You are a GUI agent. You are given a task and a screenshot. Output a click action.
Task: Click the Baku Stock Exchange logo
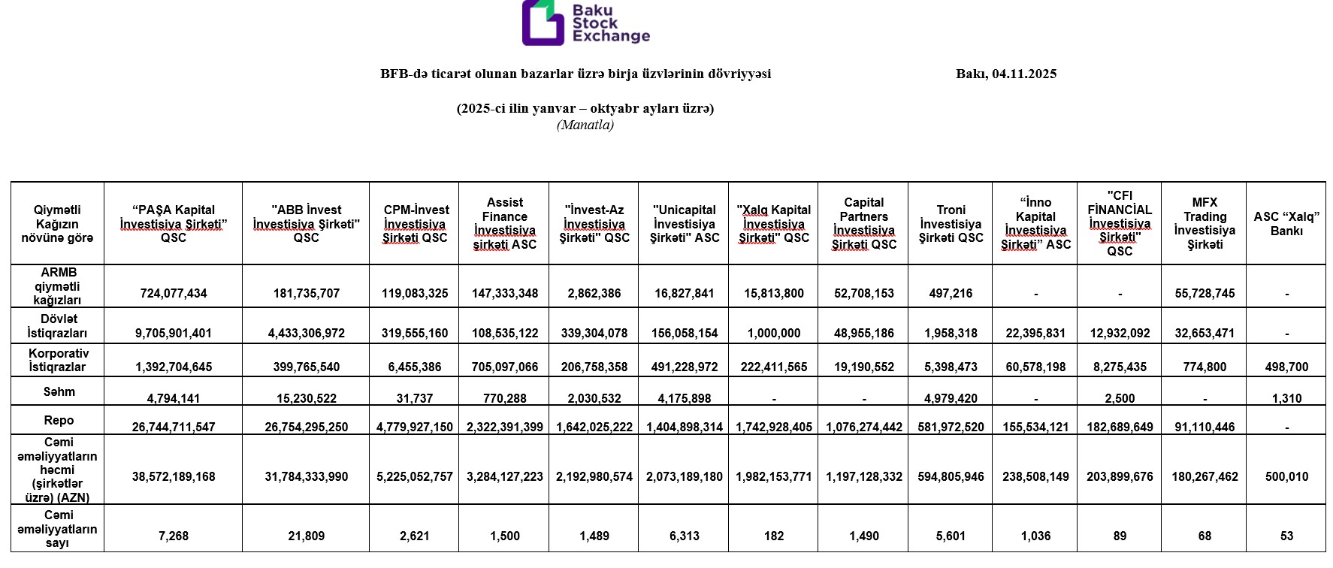(585, 23)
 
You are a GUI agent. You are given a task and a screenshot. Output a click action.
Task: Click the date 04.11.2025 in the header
(1023, 74)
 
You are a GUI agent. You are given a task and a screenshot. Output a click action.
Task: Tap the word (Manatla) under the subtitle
(585, 125)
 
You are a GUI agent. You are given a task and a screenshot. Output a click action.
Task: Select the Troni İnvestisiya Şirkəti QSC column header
(951, 224)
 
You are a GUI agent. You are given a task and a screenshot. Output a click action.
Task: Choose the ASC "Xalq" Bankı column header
(1286, 224)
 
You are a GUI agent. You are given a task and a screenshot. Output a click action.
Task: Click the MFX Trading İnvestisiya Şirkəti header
(1205, 223)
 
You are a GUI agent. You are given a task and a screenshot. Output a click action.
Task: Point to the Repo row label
(58, 420)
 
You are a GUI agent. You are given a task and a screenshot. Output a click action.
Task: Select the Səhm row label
(58, 391)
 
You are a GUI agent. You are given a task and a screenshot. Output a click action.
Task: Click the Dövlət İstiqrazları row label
(58, 325)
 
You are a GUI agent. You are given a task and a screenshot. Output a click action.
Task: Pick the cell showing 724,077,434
(174, 293)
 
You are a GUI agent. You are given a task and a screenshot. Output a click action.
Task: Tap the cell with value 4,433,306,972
(306, 333)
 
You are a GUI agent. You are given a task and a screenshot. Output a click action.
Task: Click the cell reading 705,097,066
(504, 367)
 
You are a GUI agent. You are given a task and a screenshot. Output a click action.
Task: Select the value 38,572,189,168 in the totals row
(174, 476)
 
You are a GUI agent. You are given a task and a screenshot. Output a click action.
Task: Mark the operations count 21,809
(306, 536)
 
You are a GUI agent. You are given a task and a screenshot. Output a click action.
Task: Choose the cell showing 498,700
(1286, 367)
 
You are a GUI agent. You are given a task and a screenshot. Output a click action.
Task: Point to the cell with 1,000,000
(774, 333)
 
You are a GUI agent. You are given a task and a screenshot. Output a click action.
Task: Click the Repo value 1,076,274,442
(863, 427)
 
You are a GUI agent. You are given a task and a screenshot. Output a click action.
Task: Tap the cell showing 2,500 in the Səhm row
(1120, 398)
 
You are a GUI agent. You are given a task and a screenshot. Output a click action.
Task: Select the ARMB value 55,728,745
(1205, 293)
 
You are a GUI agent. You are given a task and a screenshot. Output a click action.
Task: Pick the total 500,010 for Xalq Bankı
(1286, 476)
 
